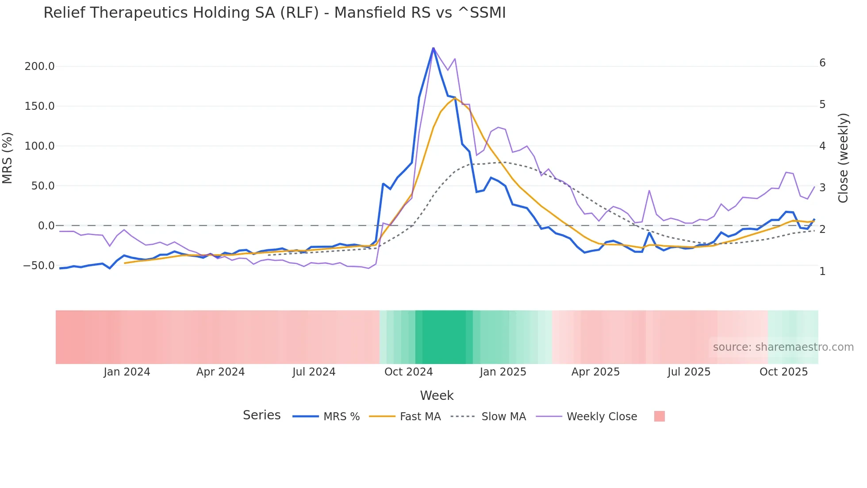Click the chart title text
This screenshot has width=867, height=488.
click(x=274, y=13)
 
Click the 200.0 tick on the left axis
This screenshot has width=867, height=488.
click(x=39, y=66)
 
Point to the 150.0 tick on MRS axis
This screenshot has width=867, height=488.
click(x=39, y=106)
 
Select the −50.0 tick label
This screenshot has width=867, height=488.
click(x=38, y=266)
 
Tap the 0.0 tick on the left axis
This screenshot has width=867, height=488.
click(x=46, y=226)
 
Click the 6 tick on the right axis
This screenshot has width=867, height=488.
click(x=822, y=63)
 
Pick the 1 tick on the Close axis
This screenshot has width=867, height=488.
click(x=822, y=271)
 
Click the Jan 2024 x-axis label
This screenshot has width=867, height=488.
click(x=127, y=372)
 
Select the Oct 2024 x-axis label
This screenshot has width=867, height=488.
click(x=408, y=372)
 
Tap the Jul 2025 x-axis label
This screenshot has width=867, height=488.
click(x=689, y=372)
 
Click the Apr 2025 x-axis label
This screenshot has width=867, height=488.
click(x=595, y=372)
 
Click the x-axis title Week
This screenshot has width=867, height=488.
click(x=437, y=395)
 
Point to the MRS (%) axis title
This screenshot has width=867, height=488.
click(x=8, y=158)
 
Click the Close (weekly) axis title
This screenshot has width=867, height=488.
click(x=843, y=158)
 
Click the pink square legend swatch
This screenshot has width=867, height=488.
click(x=659, y=417)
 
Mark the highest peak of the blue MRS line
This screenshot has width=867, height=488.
click(x=433, y=48)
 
